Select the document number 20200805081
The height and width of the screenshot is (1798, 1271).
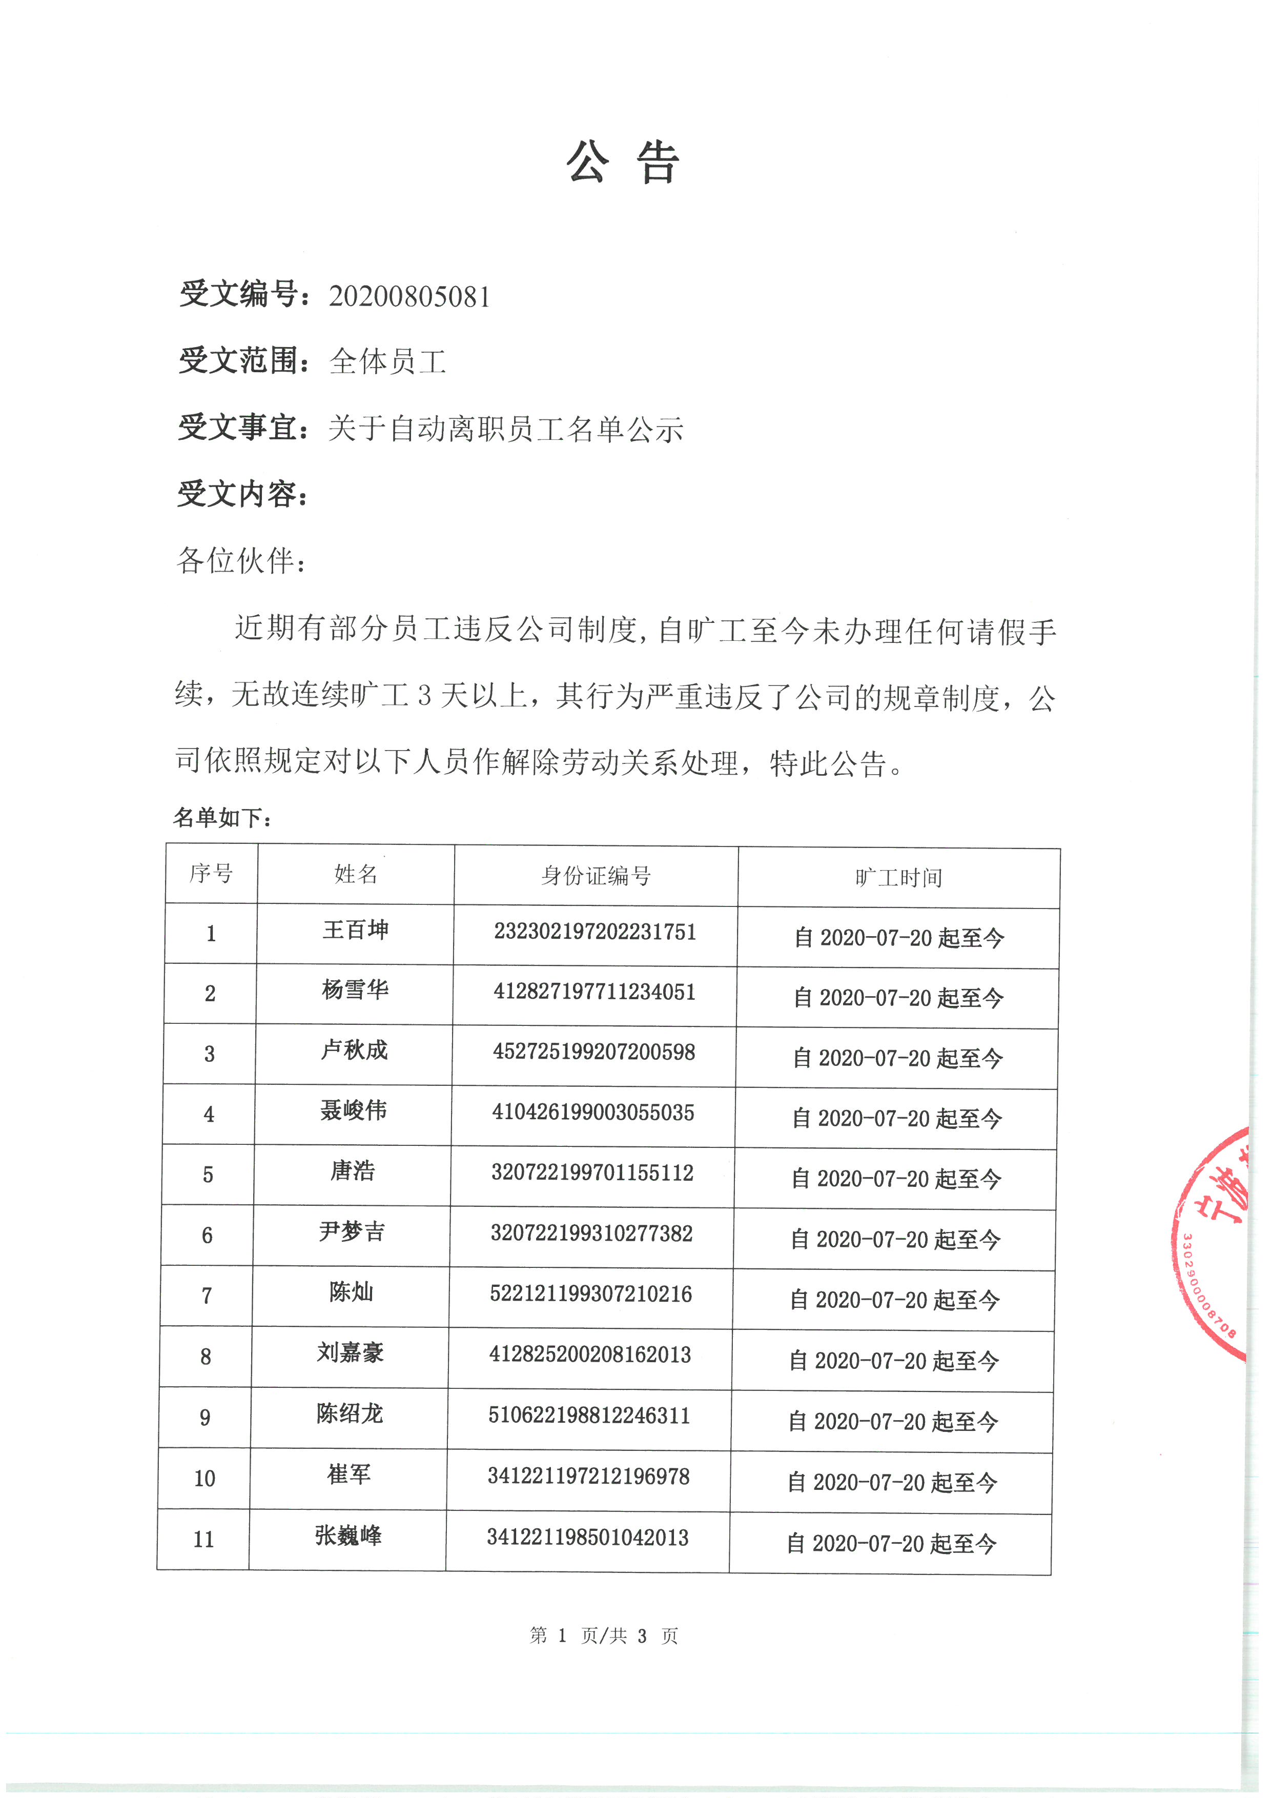click(x=409, y=297)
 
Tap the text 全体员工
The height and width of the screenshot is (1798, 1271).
click(x=388, y=362)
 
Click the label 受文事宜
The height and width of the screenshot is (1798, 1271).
click(x=238, y=428)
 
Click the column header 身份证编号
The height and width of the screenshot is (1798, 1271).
click(x=596, y=876)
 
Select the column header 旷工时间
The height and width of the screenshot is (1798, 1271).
click(x=898, y=878)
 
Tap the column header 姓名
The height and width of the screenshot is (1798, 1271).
click(x=356, y=874)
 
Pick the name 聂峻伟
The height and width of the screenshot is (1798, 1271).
click(x=353, y=1110)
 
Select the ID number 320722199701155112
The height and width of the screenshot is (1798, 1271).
click(x=592, y=1173)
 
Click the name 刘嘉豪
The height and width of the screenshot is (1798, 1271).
click(x=350, y=1352)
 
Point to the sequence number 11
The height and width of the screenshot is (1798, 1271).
click(x=203, y=1540)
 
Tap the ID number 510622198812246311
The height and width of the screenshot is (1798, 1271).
click(x=589, y=1415)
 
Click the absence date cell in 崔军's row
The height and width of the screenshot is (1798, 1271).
click(x=892, y=1482)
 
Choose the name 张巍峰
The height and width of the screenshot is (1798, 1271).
click(x=348, y=1536)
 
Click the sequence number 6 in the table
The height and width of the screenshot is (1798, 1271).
click(x=208, y=1235)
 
